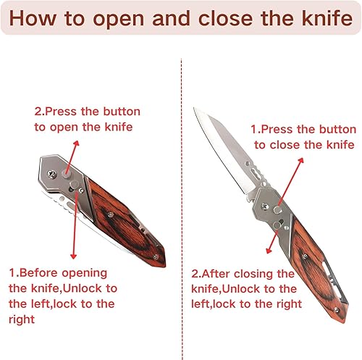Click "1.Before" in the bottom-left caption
pyautogui.click(x=36, y=272)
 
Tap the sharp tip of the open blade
pyautogui.click(x=195, y=109)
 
